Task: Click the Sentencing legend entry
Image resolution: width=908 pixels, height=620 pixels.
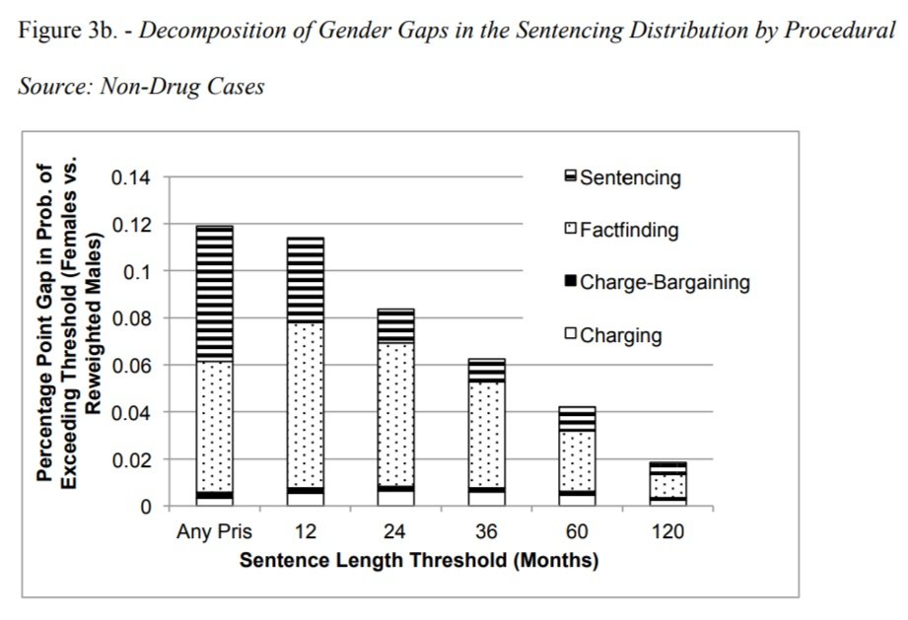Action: click(623, 177)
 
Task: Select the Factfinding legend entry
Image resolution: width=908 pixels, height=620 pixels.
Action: click(622, 230)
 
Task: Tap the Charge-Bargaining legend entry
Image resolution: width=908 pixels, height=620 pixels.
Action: click(658, 282)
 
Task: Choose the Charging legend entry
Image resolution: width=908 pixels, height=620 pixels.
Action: click(613, 335)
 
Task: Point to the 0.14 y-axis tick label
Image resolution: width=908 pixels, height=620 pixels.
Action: click(131, 177)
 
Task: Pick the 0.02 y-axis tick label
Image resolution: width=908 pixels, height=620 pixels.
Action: click(131, 460)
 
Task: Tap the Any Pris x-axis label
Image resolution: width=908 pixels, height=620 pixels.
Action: click(214, 531)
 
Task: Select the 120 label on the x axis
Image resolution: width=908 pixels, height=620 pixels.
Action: click(667, 531)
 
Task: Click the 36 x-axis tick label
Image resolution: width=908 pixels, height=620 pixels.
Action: click(486, 531)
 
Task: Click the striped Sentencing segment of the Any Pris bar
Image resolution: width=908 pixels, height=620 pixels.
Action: click(215, 294)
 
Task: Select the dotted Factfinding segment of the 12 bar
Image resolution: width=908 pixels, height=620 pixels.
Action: click(306, 405)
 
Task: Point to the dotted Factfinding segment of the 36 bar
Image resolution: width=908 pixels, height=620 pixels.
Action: click(486, 435)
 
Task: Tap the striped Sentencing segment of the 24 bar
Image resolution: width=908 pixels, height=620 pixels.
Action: click(396, 326)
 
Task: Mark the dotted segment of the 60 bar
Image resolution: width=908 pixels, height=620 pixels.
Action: click(578, 460)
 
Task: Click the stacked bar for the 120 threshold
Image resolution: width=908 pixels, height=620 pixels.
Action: click(667, 484)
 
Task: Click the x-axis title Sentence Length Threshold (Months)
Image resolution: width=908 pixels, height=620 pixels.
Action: click(419, 561)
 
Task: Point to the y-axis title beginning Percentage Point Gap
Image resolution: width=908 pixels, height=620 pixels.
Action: click(68, 324)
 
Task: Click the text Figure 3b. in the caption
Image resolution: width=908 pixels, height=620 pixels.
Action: click(68, 31)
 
